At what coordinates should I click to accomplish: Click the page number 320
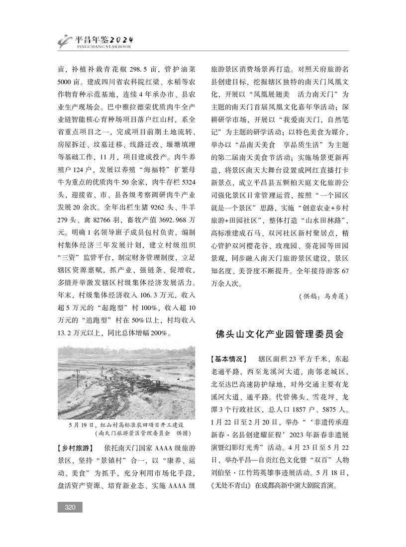pos(70,507)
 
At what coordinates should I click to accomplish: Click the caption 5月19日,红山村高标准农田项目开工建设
pos(125,425)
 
